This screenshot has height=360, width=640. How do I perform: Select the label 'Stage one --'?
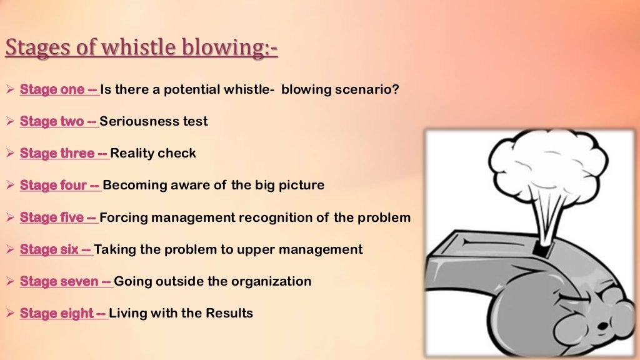pos(59,89)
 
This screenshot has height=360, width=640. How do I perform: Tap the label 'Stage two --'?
pos(59,121)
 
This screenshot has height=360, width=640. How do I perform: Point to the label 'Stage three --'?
pos(64,153)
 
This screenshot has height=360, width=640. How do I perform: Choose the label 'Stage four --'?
pos(60,186)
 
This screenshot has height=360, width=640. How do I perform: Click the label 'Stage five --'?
pos(59,217)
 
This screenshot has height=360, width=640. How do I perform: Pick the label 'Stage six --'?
pos(56,249)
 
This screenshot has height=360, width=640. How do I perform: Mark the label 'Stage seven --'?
pos(66,281)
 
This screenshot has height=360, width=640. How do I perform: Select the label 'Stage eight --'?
pos(63,313)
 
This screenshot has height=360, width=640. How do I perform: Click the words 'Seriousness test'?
pos(154,121)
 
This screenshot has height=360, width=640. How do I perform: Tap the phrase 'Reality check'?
pos(153,153)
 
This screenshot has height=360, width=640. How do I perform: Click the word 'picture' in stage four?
pos(303,186)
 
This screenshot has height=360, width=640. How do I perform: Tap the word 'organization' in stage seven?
pos(271,281)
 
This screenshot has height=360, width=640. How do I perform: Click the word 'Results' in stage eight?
pos(231,313)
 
